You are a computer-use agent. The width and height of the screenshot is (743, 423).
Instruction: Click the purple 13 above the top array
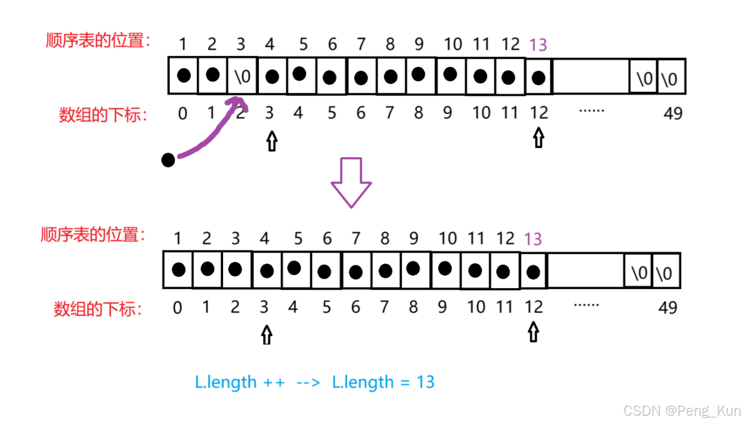pyautogui.click(x=538, y=44)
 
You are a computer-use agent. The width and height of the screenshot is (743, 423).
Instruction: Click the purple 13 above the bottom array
pyautogui.click(x=532, y=238)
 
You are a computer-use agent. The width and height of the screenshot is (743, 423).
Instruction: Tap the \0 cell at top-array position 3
pyautogui.click(x=242, y=77)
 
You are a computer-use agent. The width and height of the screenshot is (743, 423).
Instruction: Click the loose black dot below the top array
pyautogui.click(x=168, y=160)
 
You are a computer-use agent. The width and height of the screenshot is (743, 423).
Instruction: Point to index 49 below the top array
pyautogui.click(x=673, y=113)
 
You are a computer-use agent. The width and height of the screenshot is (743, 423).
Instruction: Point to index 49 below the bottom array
pyautogui.click(x=668, y=307)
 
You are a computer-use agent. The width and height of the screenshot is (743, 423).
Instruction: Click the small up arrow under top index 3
pyautogui.click(x=271, y=141)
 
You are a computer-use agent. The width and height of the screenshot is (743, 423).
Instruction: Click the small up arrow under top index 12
pyautogui.click(x=538, y=138)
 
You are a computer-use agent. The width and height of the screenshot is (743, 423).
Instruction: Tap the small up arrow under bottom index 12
pyautogui.click(x=532, y=332)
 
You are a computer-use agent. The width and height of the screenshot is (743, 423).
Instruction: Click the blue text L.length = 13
pyautogui.click(x=383, y=382)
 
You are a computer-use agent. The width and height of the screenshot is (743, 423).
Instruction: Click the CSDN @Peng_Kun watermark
pyautogui.click(x=681, y=410)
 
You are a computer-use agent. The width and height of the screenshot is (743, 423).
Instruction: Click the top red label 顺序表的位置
pyautogui.click(x=98, y=40)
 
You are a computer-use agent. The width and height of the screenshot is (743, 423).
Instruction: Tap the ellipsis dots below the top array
pyautogui.click(x=591, y=111)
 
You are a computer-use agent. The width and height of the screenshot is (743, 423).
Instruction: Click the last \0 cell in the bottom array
pyautogui.click(x=665, y=273)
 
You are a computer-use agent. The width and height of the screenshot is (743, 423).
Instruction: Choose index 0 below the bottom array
pyautogui.click(x=178, y=308)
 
